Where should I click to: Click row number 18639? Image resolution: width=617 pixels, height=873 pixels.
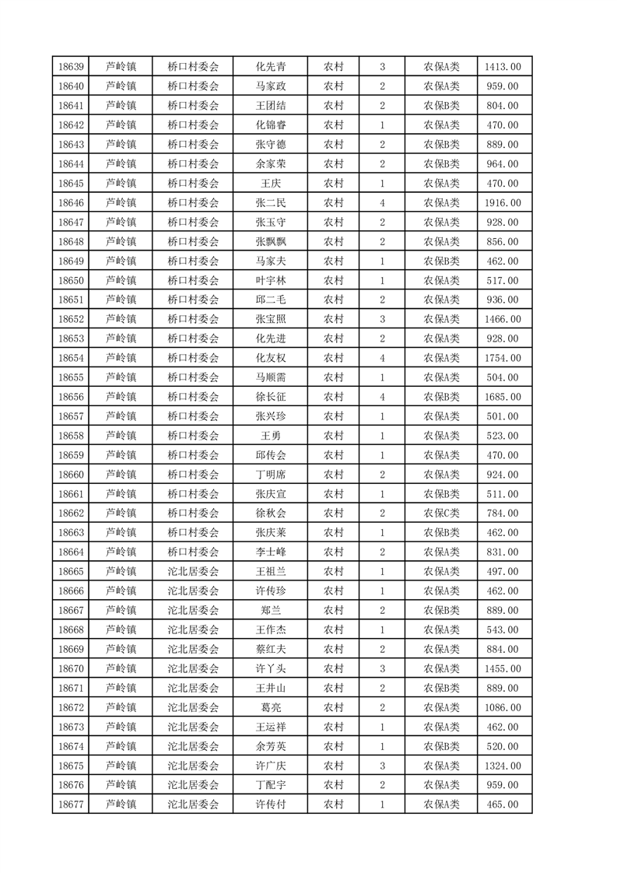(71, 67)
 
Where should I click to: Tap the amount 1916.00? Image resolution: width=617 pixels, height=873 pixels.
(503, 203)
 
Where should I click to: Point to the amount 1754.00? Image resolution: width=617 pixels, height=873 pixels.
(503, 358)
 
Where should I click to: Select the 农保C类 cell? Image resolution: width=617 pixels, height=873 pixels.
(441, 514)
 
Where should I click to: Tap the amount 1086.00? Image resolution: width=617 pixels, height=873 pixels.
(503, 707)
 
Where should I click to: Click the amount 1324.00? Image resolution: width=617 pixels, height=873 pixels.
(503, 766)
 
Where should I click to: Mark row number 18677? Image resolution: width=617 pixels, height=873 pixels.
(71, 805)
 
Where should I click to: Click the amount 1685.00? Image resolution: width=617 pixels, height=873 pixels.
(503, 397)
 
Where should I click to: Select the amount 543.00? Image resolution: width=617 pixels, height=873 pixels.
(503, 629)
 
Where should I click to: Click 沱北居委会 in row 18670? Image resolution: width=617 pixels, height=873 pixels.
(193, 668)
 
